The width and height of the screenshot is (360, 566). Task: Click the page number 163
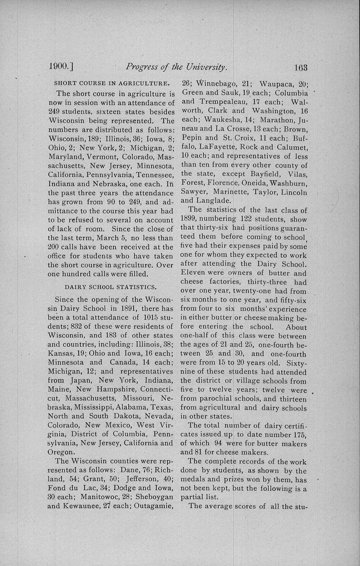[300, 67]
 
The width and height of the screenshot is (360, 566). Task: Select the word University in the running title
[205, 67]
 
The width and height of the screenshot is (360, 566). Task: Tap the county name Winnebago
[215, 84]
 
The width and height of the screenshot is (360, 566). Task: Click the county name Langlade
[213, 201]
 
